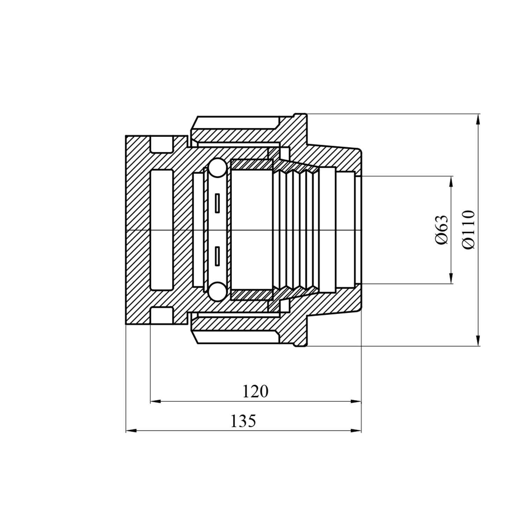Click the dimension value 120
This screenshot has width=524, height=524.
[255, 392]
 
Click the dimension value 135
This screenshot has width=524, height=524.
[243, 421]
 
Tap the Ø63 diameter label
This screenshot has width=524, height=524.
[442, 230]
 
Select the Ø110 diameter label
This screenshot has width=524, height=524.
[468, 230]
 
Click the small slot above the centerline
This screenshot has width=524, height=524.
[217, 203]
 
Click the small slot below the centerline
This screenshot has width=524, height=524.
[217, 257]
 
